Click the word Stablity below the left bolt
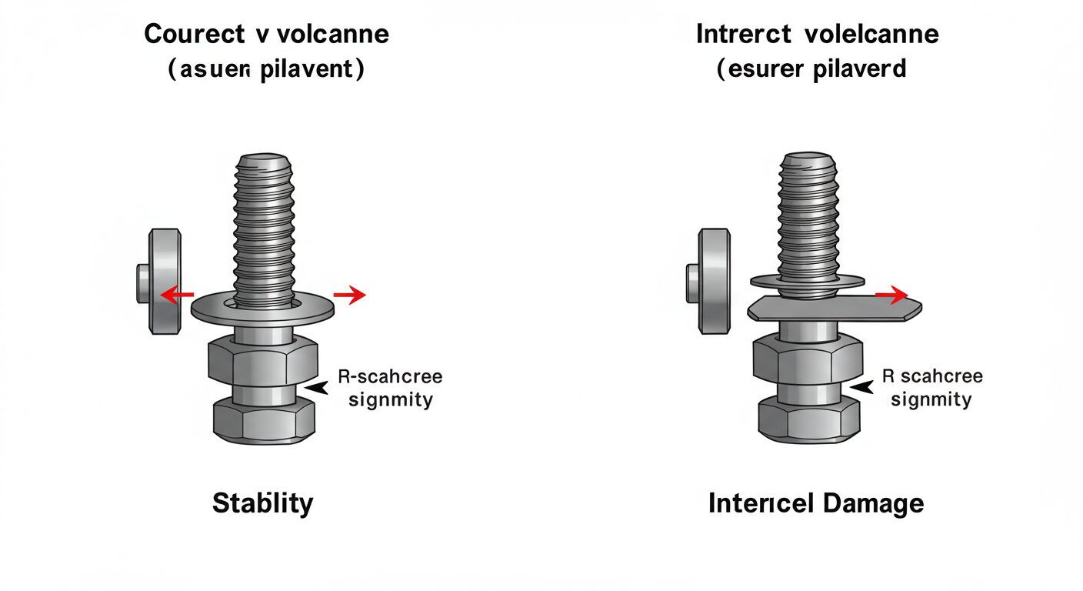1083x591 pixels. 262,503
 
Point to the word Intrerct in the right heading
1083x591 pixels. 745,35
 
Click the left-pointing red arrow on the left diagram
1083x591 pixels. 175,294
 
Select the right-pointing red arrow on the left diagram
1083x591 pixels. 350,294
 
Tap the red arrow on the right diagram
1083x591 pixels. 892,294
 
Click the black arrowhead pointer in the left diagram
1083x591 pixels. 314,389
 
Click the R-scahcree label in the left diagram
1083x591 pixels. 389,377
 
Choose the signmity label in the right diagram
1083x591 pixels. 931,399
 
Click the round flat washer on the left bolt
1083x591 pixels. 262,307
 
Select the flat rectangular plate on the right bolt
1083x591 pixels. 834,309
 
